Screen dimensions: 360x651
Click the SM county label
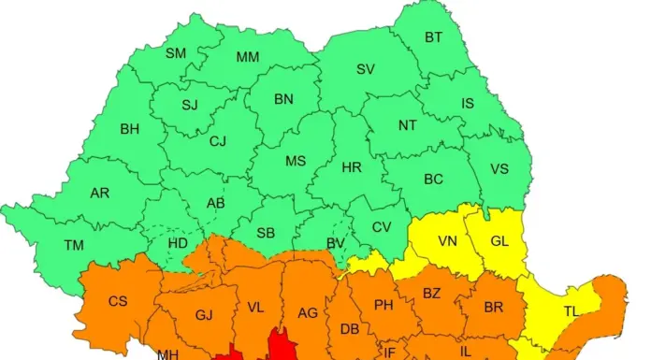pos(176,53)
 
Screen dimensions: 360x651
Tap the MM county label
pos(247,57)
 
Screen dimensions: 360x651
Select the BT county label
pos(434,37)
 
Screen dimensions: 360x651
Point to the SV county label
pos(366,69)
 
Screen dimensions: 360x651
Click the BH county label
pos(129,129)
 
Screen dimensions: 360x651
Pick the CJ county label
pos(218,141)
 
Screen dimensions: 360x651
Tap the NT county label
pos(408,124)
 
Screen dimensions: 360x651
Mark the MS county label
pos(296,161)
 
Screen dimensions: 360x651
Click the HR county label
pos(352,167)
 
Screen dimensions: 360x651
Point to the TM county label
pos(74,245)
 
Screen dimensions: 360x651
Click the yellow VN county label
pos(448,241)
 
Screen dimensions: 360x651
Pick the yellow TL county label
pos(570,310)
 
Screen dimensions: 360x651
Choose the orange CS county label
pos(119,300)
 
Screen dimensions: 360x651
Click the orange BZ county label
pos(431,293)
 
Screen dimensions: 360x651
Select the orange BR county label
pos(494,307)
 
